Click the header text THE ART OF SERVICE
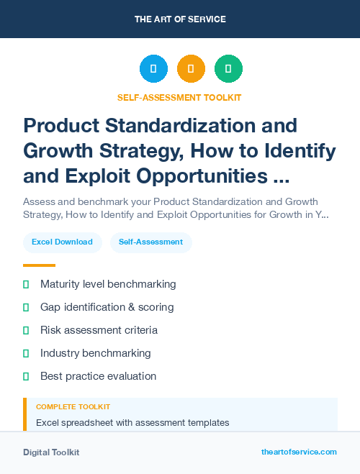tap(180, 19)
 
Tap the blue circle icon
tap(153, 69)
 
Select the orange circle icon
tap(191, 69)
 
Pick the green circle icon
tap(228, 69)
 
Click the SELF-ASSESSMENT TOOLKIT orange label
tap(180, 97)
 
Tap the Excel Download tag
tap(62, 242)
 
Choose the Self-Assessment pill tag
tap(151, 242)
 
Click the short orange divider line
tap(39, 265)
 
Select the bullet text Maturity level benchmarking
tap(108, 284)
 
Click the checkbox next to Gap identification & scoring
tap(26, 307)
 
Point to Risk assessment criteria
tap(99, 330)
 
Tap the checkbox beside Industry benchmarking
tap(26, 353)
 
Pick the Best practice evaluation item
tap(98, 376)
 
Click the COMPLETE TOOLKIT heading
tap(73, 407)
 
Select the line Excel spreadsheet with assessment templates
tap(132, 422)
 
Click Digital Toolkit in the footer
tap(51, 452)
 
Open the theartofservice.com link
tap(299, 452)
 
